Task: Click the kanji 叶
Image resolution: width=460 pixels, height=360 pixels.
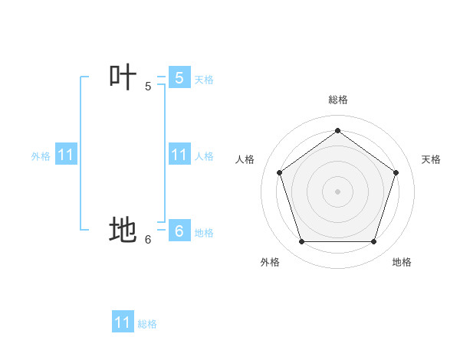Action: tap(123, 77)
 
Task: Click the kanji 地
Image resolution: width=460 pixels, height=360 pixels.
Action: tap(123, 230)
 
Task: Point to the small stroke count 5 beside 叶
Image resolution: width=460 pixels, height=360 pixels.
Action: tap(148, 87)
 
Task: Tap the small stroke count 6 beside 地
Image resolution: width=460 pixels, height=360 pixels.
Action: tap(148, 240)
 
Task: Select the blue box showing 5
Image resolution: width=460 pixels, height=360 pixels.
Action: tap(179, 78)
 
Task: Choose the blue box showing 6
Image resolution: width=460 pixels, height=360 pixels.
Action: tap(179, 231)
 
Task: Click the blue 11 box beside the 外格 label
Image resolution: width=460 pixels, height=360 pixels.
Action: tap(66, 155)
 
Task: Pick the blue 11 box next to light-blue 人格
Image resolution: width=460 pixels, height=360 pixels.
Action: tap(179, 155)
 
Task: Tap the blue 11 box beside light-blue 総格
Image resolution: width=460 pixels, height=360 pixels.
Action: tap(123, 322)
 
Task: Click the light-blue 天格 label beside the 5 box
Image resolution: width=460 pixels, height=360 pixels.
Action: tap(204, 80)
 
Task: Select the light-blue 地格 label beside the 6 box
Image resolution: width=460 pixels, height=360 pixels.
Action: tap(204, 233)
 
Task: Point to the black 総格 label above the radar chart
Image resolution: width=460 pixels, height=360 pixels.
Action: tap(337, 100)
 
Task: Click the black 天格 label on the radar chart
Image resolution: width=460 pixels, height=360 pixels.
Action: tap(431, 159)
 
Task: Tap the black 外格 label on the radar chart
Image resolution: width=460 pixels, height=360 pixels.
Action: tap(269, 262)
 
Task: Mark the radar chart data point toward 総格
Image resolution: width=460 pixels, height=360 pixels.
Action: tap(337, 130)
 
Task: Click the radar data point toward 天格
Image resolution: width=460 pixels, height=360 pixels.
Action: tap(396, 172)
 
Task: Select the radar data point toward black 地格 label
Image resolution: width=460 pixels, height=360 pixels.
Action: tap(373, 241)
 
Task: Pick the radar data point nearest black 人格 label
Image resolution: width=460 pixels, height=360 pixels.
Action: tap(279, 172)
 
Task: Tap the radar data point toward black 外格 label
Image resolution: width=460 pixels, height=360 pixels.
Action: tap(301, 241)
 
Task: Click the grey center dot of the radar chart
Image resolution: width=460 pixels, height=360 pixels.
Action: tap(337, 191)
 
